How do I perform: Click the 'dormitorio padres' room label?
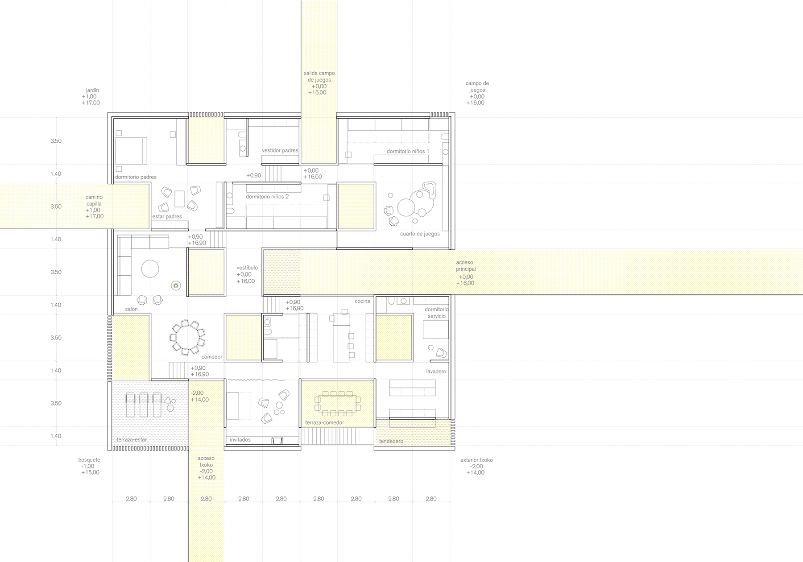136,177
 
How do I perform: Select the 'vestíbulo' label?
247,268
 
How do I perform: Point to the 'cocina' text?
362,301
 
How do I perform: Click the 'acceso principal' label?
466,266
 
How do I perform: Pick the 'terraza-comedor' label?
324,422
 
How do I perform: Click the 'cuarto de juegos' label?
420,234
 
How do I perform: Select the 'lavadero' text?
436,371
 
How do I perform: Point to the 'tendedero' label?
391,441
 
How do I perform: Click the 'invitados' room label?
240,440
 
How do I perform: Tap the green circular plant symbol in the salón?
176,285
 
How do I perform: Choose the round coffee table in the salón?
150,269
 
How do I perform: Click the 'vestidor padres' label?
280,150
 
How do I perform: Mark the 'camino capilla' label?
94,200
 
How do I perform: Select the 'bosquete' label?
89,460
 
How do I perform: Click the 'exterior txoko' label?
476,460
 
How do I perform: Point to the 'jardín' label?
92,90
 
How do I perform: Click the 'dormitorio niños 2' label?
267,197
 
